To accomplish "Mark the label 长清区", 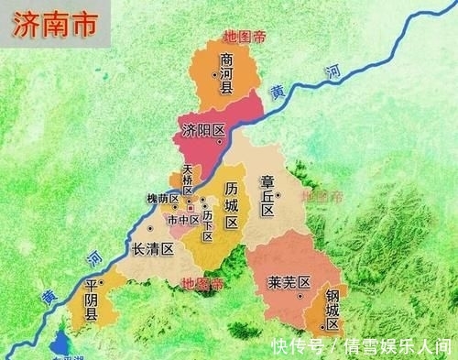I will (x=153, y=249).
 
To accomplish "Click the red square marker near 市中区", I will (x=191, y=210).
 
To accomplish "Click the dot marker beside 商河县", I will (x=224, y=90).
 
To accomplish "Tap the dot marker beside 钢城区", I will (x=321, y=322).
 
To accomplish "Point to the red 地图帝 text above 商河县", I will (x=243, y=38).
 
